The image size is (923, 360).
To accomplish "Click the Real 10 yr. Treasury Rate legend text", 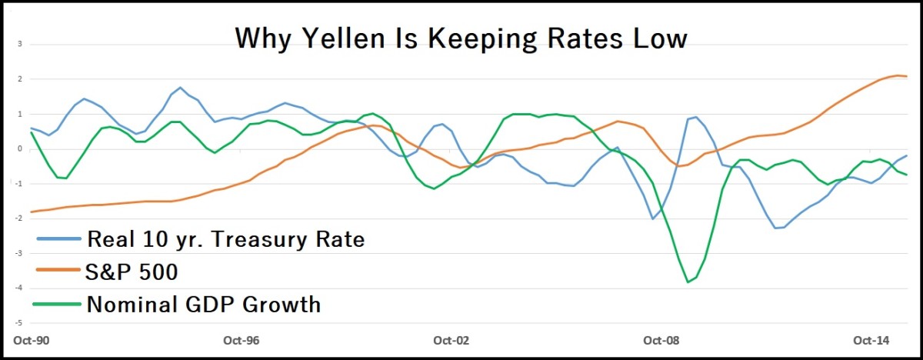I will (x=225, y=239).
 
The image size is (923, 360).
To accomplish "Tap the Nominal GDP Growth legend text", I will (x=203, y=304).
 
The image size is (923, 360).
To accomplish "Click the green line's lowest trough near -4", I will (x=688, y=282).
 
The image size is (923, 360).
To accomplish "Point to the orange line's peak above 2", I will (x=898, y=75).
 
